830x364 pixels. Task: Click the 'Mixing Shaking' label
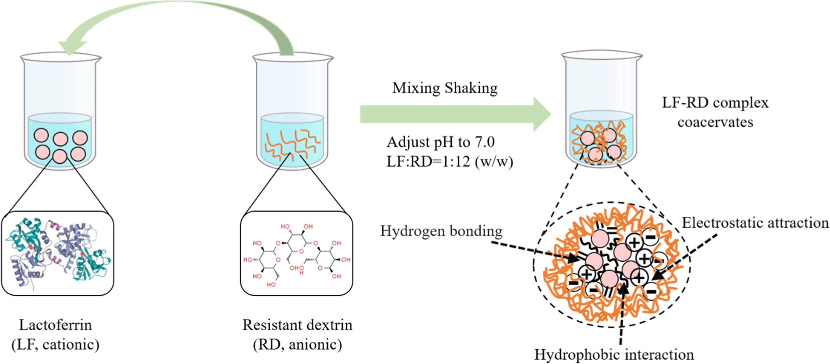(445, 88)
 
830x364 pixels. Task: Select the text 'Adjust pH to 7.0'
(441, 142)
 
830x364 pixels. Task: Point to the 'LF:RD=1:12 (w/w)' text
(450, 162)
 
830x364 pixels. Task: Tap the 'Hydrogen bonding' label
(441, 231)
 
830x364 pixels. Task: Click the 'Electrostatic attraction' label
(755, 223)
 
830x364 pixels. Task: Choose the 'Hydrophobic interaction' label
(614, 354)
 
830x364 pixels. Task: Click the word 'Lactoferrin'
(55, 325)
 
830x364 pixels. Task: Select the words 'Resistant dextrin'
(297, 325)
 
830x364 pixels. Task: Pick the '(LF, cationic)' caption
(55, 345)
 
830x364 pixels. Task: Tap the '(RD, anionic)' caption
(297, 345)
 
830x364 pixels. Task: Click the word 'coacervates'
(715, 122)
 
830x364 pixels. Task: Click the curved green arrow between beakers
(173, 17)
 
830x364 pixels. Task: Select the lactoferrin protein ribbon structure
(57, 253)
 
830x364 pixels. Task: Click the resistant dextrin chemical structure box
(297, 253)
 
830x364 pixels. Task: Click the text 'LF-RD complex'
(715, 103)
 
